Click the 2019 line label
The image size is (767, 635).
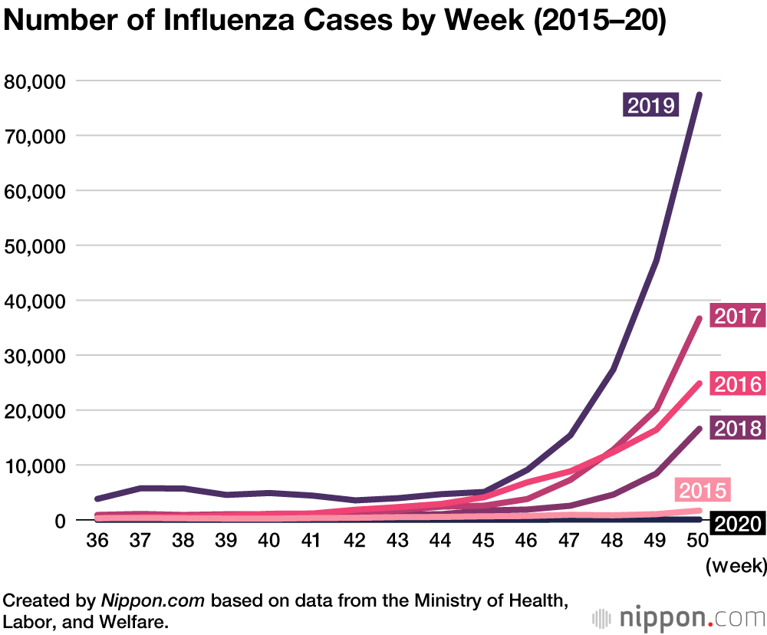tap(651, 104)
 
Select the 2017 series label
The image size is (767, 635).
tap(737, 316)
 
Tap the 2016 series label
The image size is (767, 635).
tap(737, 384)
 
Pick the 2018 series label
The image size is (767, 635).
tap(737, 428)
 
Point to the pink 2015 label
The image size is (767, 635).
tap(701, 489)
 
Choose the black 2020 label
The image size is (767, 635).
tap(737, 525)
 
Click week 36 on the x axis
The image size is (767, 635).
tap(97, 541)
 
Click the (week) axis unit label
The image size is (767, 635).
tap(735, 568)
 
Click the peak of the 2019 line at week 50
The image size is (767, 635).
tap(700, 94)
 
